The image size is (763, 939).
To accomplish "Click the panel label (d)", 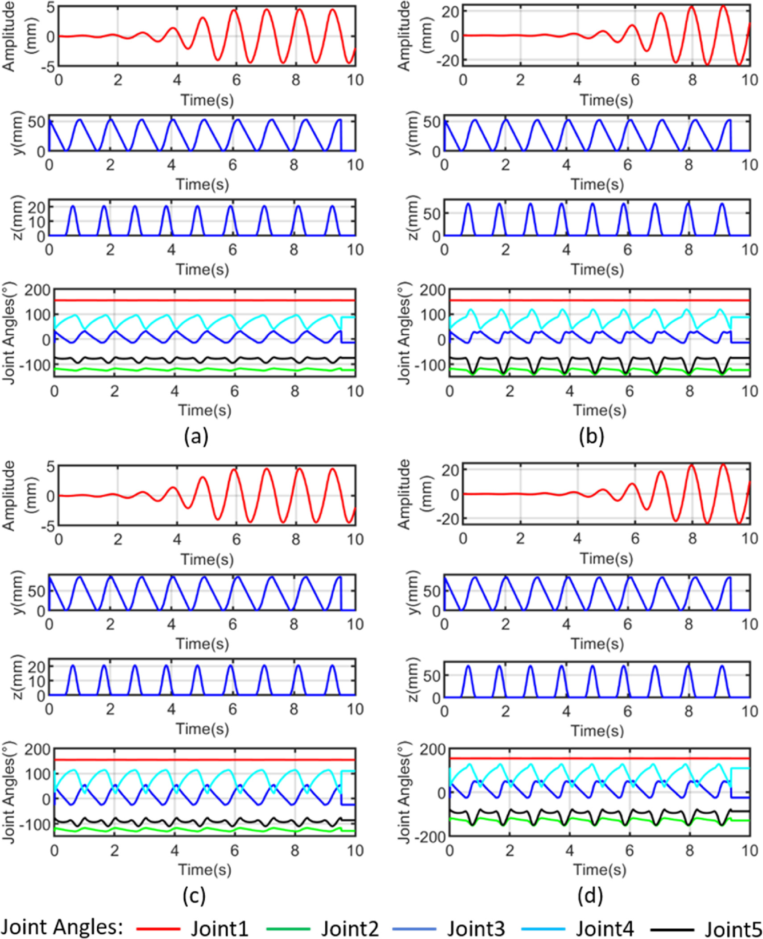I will pyautogui.click(x=590, y=895).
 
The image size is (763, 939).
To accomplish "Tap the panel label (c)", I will pyautogui.click(x=194, y=895).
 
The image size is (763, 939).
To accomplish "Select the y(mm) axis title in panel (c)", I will pyautogui.click(x=20, y=593).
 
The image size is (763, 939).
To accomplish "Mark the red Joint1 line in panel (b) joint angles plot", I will pyautogui.click(x=598, y=300).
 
